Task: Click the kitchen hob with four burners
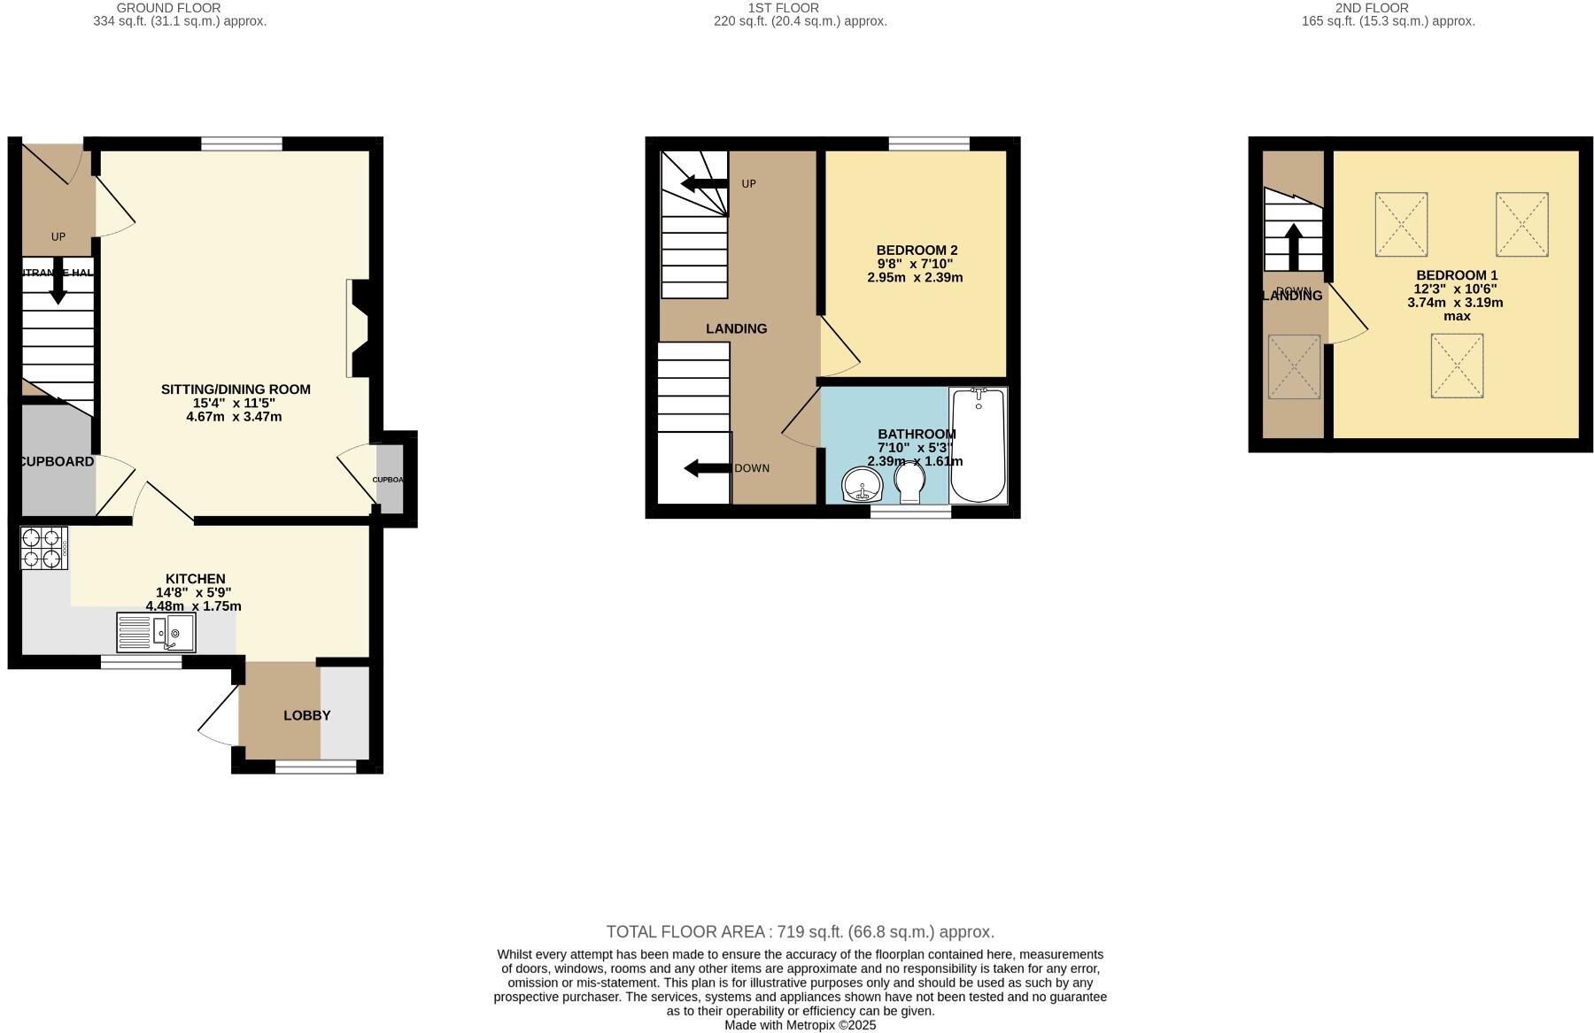coord(43,548)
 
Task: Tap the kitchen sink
coord(157,633)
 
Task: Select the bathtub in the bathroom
coord(978,445)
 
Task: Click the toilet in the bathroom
coord(909,483)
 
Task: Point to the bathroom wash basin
coord(861,484)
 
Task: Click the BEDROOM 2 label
coord(917,251)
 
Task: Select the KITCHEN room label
coord(195,579)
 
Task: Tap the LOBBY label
coord(306,715)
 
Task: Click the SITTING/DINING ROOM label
coord(236,389)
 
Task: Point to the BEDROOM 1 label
coord(1456,275)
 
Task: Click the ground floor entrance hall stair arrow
coord(58,284)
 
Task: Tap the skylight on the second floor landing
coord(1294,366)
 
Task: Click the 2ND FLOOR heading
coord(1372,8)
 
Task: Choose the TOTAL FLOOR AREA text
coord(800,932)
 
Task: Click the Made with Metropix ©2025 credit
coord(800,1025)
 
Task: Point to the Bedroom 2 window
coord(929,143)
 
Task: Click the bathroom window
coord(910,512)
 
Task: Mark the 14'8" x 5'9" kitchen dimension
coord(194,593)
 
